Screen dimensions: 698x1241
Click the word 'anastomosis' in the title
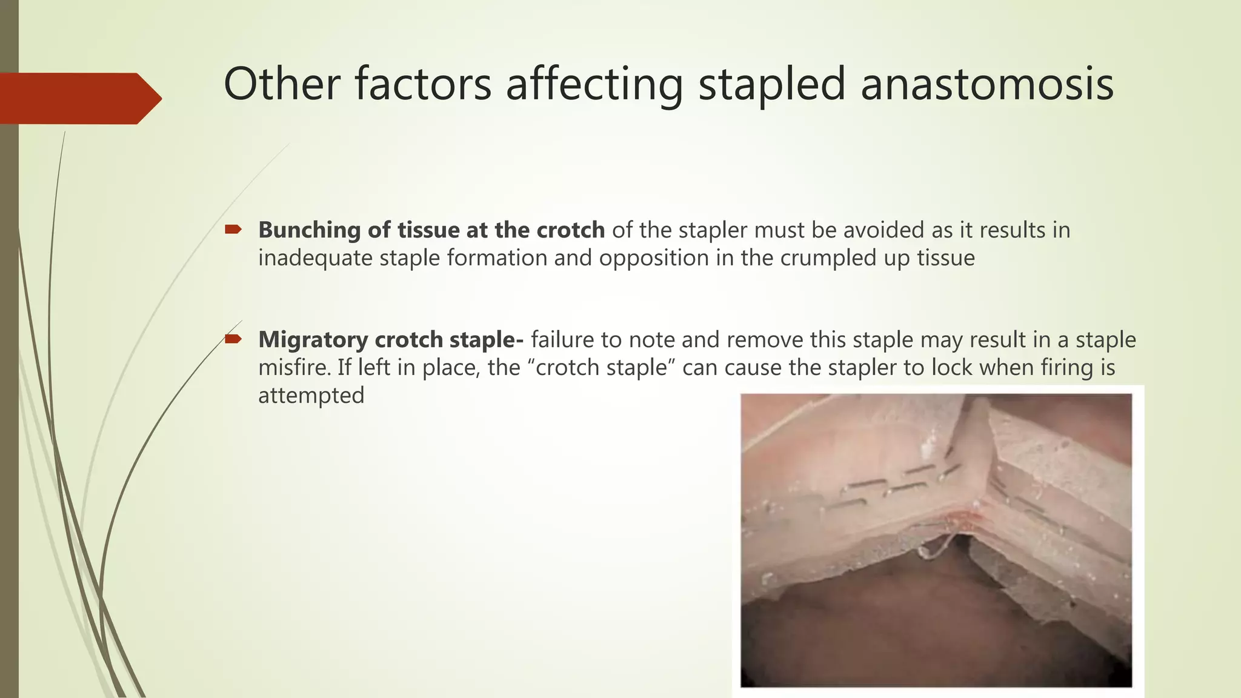[986, 85]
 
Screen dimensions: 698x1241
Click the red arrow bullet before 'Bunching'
[233, 229]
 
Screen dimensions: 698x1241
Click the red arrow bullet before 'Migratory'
[233, 339]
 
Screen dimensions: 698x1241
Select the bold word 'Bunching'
[310, 230]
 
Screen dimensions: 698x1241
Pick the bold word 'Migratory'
[313, 340]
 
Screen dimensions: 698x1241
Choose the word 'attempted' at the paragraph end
[311, 396]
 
